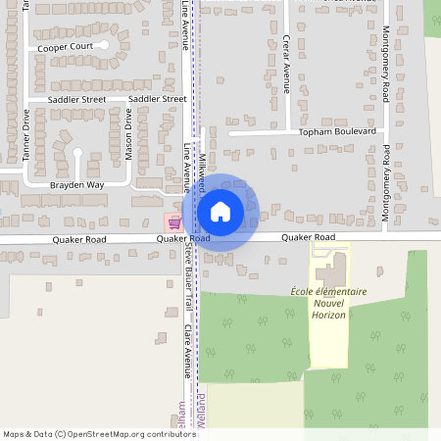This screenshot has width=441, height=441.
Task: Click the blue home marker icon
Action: click(x=220, y=211)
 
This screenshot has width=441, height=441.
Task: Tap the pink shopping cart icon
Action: click(x=174, y=222)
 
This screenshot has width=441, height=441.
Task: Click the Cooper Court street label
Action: click(x=66, y=46)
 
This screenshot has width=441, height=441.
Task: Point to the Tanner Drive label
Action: click(x=26, y=133)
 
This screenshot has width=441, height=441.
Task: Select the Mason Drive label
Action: click(x=127, y=133)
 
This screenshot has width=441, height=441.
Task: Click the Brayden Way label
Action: click(x=76, y=184)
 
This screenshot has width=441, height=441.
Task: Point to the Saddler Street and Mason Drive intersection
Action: click(x=127, y=99)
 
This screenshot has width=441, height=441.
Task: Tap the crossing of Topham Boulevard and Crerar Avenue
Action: click(x=287, y=131)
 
